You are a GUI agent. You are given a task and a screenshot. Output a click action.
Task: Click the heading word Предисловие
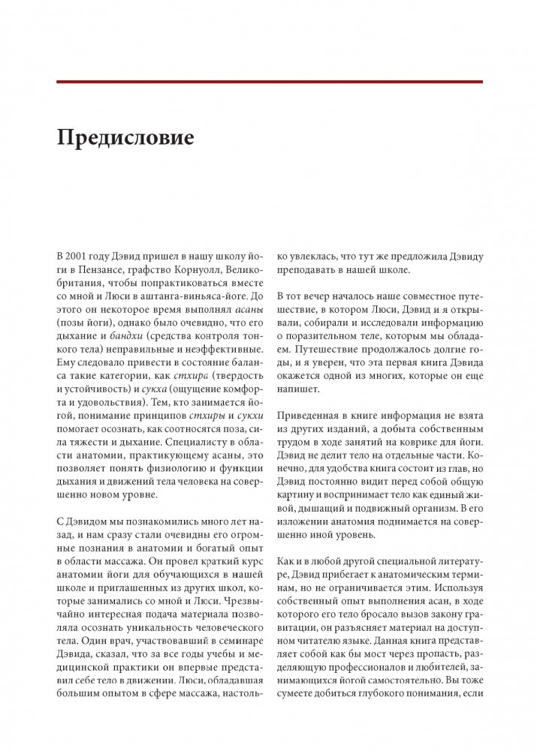point(125,139)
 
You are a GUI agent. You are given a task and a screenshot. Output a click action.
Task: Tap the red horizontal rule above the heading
point(269,81)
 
